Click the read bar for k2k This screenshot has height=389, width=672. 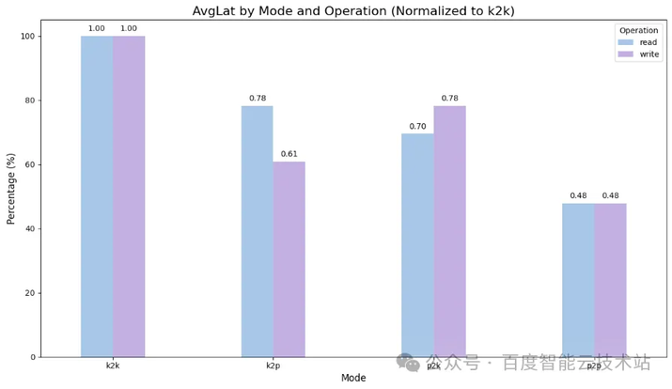coord(97,196)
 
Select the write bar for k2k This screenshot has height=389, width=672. coord(129,196)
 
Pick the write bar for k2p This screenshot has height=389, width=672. coord(289,259)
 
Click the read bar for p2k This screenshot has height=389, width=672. coord(417,245)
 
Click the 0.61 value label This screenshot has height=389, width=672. coord(289,154)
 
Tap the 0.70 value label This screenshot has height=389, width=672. coord(417,126)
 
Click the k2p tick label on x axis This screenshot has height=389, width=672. coord(273,366)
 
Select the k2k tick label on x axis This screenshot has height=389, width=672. coord(113,366)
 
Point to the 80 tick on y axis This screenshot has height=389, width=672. coord(29,101)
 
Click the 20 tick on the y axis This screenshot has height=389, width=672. coord(29,293)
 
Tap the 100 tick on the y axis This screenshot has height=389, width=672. coord(26,37)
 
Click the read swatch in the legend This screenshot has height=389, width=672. coord(625,42)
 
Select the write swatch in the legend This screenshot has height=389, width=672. coord(625,54)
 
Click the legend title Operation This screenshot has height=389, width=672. coord(638,30)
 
